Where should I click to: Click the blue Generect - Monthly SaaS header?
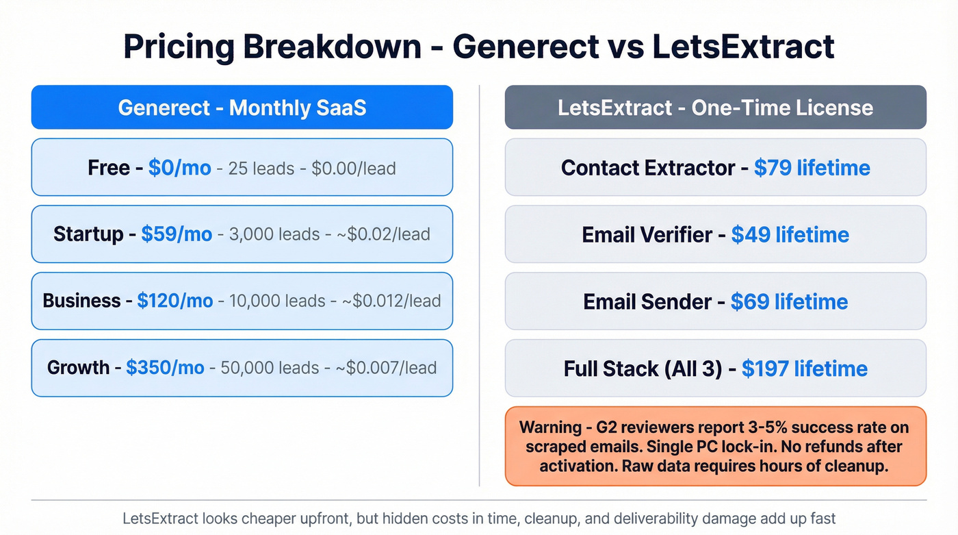click(242, 108)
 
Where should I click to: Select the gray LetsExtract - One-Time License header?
click(715, 108)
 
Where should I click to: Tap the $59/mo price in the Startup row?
click(177, 234)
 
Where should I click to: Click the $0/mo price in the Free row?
click(179, 168)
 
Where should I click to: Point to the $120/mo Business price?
click(174, 301)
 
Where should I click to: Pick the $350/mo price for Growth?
click(165, 367)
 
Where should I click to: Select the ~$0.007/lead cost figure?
click(385, 368)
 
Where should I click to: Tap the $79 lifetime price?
click(812, 168)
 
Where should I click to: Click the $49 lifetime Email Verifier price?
click(790, 235)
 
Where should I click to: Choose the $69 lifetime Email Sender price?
click(789, 301)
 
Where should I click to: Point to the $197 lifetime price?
click(804, 369)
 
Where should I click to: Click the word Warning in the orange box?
click(550, 427)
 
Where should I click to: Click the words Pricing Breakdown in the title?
click(272, 47)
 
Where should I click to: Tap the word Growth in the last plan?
click(78, 367)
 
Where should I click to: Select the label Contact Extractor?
click(647, 168)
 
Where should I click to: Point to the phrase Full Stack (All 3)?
click(643, 369)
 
